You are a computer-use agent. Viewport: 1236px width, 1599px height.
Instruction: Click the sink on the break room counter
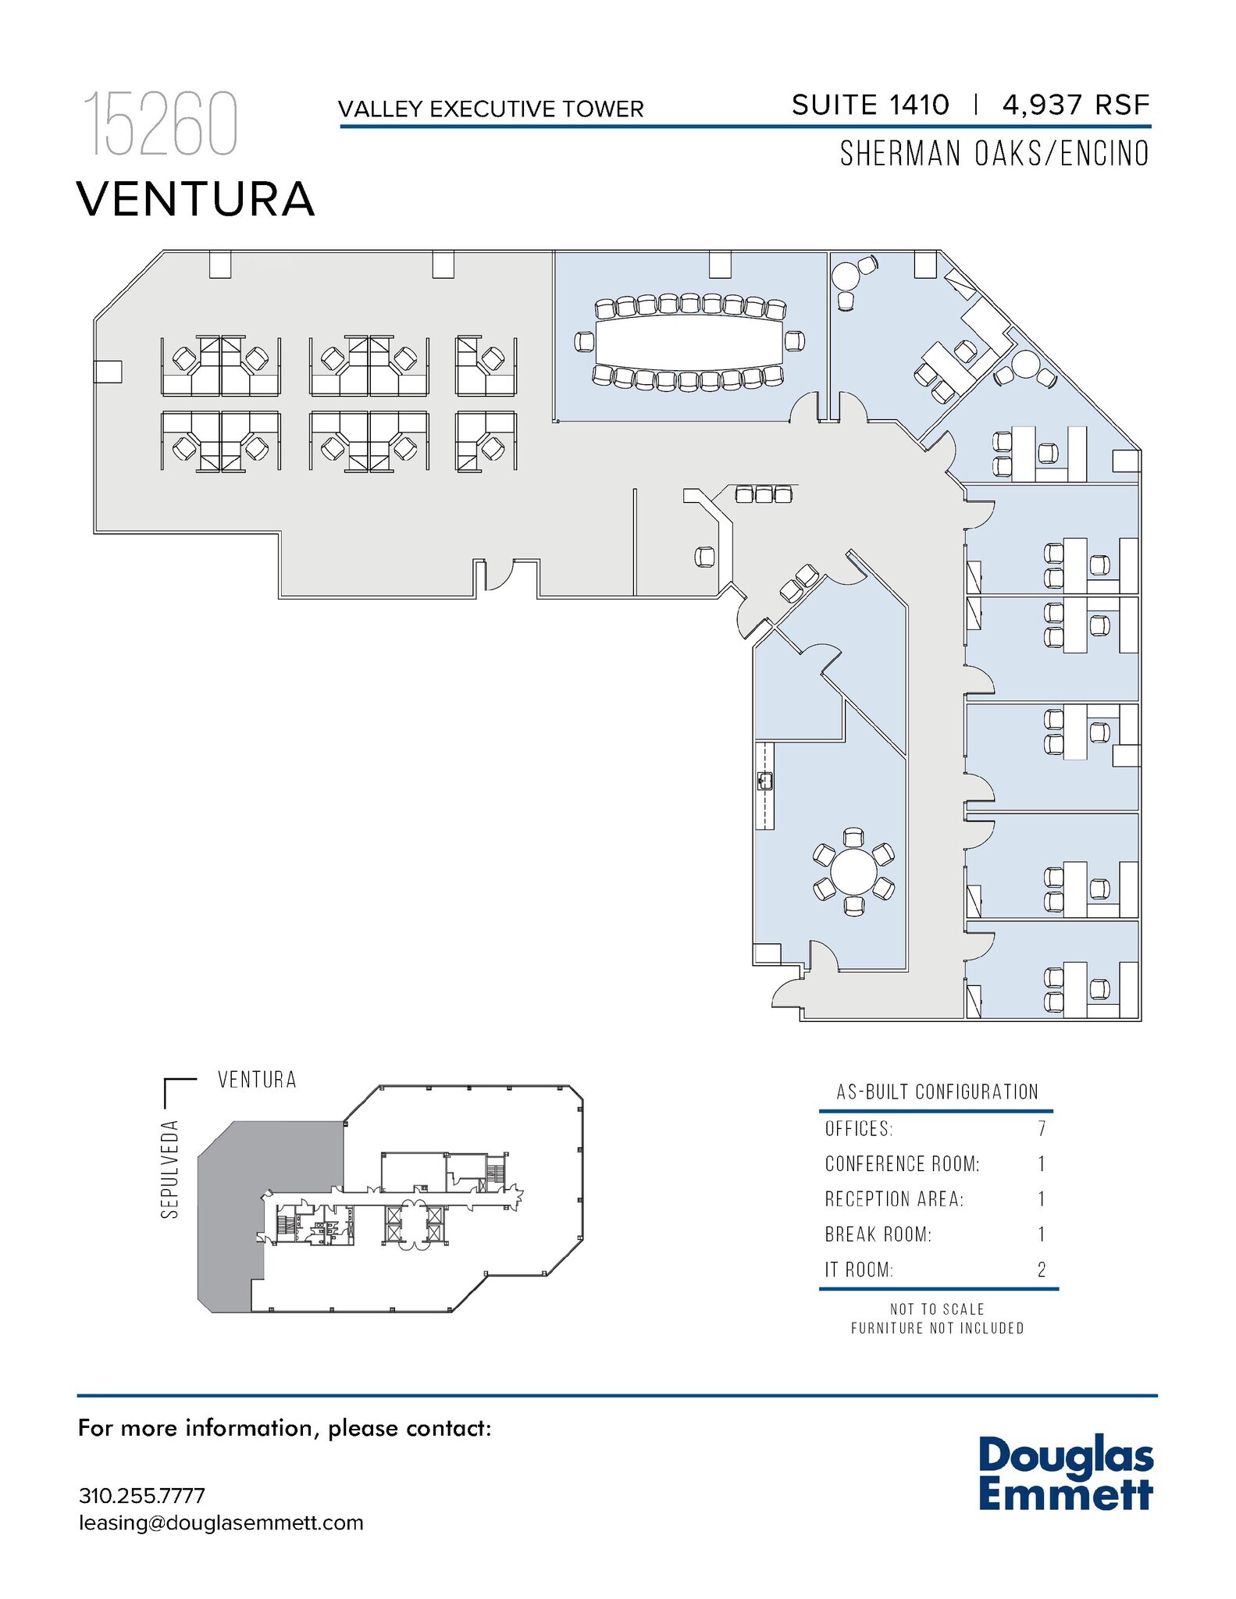pyautogui.click(x=765, y=780)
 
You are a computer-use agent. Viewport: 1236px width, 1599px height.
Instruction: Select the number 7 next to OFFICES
pyautogui.click(x=1042, y=1129)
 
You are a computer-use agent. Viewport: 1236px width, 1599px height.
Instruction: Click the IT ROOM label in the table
pyautogui.click(x=859, y=1270)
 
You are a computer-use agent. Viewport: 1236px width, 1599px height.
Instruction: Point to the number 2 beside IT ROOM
pyautogui.click(x=1042, y=1270)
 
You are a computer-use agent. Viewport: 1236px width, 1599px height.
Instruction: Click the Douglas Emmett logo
pyautogui.click(x=1066, y=1473)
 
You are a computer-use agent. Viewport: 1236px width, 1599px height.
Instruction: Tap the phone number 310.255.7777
pyautogui.click(x=142, y=1496)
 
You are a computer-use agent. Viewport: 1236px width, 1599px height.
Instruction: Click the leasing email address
pyautogui.click(x=221, y=1522)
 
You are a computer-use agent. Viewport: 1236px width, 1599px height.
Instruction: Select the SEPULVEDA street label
pyautogui.click(x=170, y=1169)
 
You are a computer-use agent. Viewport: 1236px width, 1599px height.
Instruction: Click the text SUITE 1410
pyautogui.click(x=870, y=105)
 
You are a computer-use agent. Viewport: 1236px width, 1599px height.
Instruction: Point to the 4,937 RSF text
pyautogui.click(x=1075, y=105)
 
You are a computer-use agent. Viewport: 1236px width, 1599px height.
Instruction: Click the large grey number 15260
pyautogui.click(x=160, y=124)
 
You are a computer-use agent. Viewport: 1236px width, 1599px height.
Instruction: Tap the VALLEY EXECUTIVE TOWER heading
pyautogui.click(x=491, y=109)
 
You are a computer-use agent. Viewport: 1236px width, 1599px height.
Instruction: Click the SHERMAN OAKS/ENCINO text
pyautogui.click(x=994, y=154)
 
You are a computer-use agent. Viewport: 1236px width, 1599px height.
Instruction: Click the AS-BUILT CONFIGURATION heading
pyautogui.click(x=937, y=1092)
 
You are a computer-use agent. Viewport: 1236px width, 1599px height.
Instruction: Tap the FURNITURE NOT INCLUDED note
pyautogui.click(x=937, y=1328)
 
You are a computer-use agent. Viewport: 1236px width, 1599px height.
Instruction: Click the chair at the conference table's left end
pyautogui.click(x=584, y=341)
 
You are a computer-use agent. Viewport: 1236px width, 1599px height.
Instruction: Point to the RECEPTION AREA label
pyautogui.click(x=894, y=1199)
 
